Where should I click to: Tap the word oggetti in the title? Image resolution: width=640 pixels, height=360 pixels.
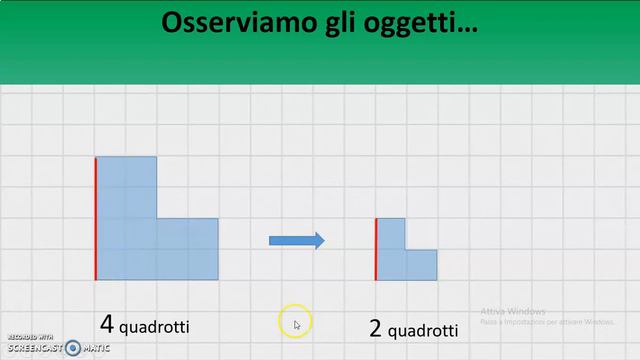(414, 23)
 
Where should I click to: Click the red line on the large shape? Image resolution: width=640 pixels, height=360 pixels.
(96, 218)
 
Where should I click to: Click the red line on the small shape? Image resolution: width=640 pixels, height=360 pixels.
(376, 249)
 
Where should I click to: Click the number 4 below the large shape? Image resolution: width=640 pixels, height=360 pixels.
(106, 324)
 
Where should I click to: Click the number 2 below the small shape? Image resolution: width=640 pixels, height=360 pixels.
(375, 329)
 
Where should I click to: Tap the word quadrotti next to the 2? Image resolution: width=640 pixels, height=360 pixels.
(423, 331)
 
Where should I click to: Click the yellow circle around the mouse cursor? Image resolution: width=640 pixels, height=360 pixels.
(296, 322)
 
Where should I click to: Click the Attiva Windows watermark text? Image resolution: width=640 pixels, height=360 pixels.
(512, 310)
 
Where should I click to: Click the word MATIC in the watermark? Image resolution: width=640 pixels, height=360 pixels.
(96, 349)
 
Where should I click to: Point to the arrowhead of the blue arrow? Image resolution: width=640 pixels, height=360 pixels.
(319, 240)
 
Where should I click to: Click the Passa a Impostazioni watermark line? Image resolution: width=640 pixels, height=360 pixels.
(546, 322)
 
